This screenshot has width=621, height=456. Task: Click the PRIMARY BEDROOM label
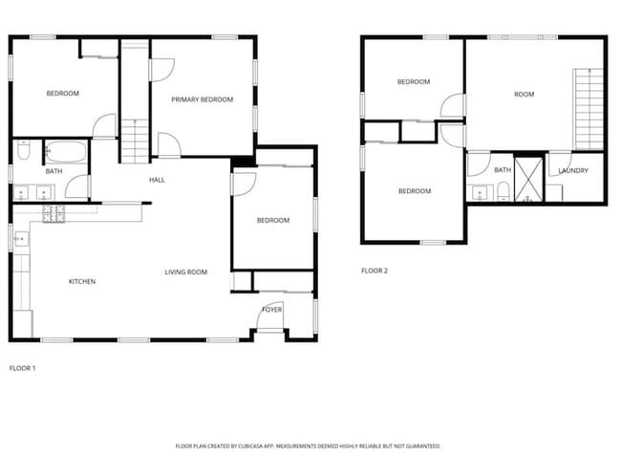coord(202,99)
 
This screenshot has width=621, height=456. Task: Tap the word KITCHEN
coord(82,281)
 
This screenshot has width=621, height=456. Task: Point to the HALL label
coord(158,180)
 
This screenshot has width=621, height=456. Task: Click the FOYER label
coord(272,310)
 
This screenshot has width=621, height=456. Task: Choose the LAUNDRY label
coord(573,171)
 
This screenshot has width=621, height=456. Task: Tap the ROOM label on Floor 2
coord(524,95)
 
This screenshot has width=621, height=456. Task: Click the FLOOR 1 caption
coord(24,368)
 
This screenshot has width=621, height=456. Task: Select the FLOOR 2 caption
coord(375,271)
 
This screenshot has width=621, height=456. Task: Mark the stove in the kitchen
coord(54,213)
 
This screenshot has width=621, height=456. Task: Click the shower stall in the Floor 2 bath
coord(528,178)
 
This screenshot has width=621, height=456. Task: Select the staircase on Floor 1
coord(135,100)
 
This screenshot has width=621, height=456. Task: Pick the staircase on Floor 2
coord(589,109)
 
